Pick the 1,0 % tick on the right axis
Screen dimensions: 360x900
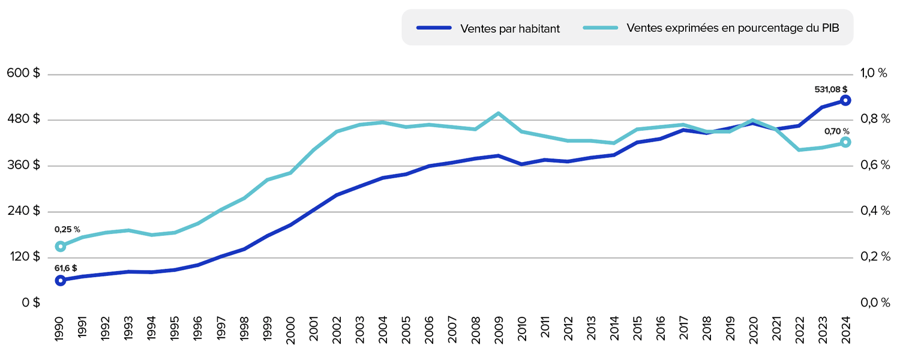tap(874, 74)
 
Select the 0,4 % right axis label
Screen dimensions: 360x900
tap(874, 211)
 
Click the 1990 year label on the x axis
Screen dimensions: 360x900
tap(59, 329)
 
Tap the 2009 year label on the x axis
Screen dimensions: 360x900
tap(498, 329)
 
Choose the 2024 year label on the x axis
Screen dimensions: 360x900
tap(845, 329)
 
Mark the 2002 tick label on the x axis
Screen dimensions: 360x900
tap(337, 329)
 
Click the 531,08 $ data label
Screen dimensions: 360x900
tap(830, 89)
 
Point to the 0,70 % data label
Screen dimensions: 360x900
tap(837, 131)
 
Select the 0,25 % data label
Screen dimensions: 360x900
tap(67, 230)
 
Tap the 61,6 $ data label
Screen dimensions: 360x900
tap(65, 268)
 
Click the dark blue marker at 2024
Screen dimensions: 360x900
tap(845, 100)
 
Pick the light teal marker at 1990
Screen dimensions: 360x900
tap(60, 246)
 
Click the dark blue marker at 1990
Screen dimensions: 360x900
tap(60, 280)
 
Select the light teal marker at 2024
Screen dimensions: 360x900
tap(845, 142)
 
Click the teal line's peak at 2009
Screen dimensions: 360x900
tap(498, 113)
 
